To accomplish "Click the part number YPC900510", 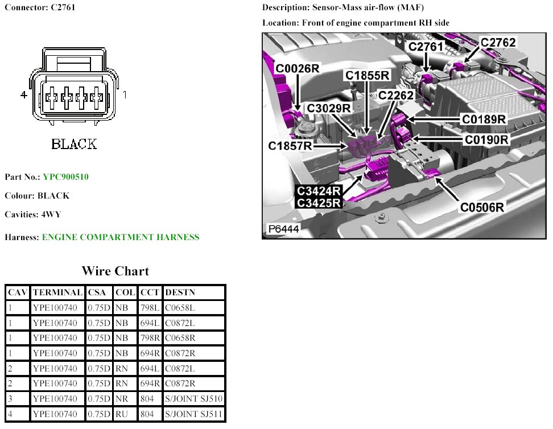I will click(65, 177).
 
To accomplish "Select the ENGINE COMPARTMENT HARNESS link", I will click(121, 237).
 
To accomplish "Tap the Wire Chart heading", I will click(115, 271).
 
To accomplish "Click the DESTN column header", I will click(180, 292).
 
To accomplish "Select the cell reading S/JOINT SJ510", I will click(193, 399).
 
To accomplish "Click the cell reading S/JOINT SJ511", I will click(193, 414).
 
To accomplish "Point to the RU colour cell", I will click(122, 414).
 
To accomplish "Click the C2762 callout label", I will click(498, 43).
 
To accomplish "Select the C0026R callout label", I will click(298, 69).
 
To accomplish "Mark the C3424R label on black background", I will click(319, 191).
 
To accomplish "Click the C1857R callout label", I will click(290, 146).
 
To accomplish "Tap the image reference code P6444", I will click(284, 230).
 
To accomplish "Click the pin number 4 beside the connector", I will click(24, 96).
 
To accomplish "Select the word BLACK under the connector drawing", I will click(74, 144).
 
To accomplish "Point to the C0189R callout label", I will click(484, 119).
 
